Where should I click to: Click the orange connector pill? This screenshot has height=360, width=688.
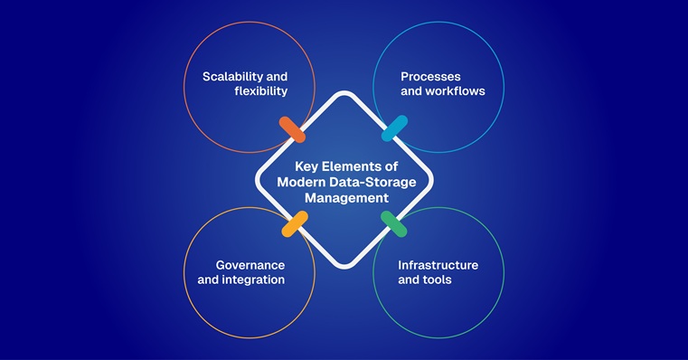pyautogui.click(x=292, y=128)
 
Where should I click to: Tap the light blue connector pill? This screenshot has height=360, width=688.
pyautogui.click(x=395, y=128)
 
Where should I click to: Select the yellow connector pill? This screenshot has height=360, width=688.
pyautogui.click(x=295, y=223)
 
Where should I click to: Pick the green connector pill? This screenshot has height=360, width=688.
pyautogui.click(x=393, y=223)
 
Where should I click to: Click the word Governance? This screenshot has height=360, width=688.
pyautogui.click(x=250, y=264)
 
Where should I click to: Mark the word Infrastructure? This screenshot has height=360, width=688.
pyautogui.click(x=438, y=264)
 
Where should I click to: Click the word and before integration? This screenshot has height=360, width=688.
pyautogui.click(x=209, y=279)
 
